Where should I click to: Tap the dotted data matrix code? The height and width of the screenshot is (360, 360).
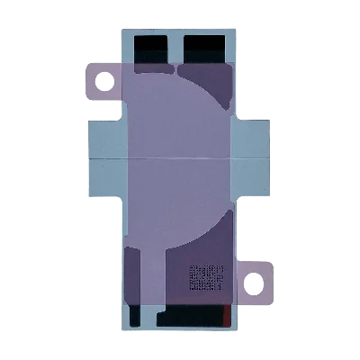point(206,278)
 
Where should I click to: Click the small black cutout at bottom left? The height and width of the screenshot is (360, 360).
point(135,316)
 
